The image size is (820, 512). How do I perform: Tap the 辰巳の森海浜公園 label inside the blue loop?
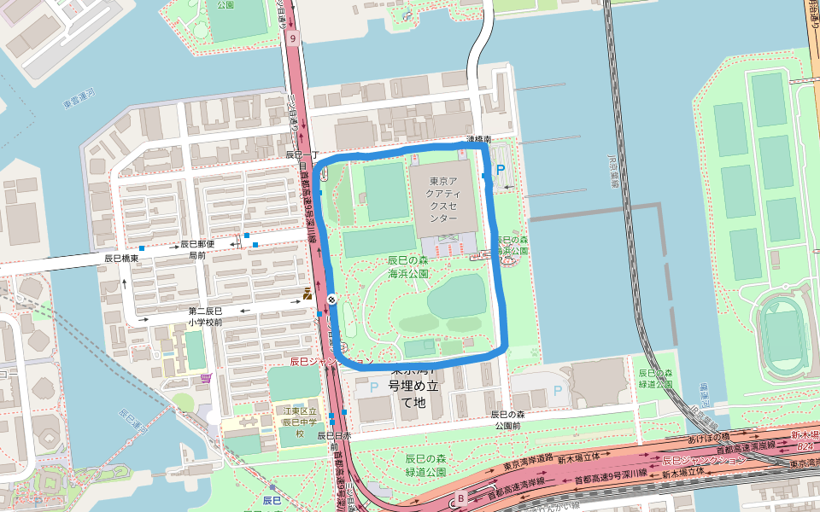coord(407,267)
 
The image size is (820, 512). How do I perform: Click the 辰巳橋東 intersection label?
coord(121,257)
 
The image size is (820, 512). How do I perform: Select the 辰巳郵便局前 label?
coord(197,249)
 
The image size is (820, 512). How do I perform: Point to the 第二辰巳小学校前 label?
coord(206,317)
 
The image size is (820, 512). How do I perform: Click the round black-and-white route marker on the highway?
coord(331,299)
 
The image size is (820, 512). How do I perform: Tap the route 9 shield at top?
coord(292,38)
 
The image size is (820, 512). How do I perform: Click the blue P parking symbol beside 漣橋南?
coord(501,171)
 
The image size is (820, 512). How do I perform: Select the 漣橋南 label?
coord(478,138)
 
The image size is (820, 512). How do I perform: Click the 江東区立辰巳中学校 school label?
coord(300,422)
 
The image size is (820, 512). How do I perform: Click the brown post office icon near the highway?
coord(307,294)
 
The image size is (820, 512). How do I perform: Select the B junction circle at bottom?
coord(461,498)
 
